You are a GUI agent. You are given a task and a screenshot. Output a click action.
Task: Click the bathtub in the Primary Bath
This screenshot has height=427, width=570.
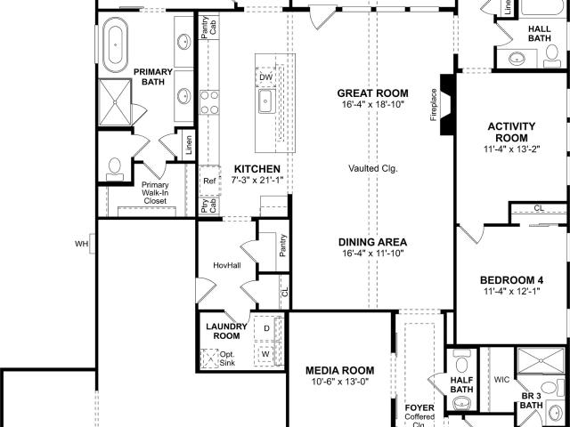(x=115, y=44)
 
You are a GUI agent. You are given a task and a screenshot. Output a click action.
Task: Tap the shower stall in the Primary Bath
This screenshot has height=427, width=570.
(x=115, y=102)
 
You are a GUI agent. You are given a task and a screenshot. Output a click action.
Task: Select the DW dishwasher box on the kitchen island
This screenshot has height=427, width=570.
(x=265, y=77)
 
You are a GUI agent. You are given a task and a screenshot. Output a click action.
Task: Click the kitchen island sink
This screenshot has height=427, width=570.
(x=265, y=101)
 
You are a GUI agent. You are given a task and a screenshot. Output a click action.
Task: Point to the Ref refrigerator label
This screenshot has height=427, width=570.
(x=209, y=181)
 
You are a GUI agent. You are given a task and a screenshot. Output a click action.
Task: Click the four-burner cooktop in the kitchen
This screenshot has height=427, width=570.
(x=209, y=102)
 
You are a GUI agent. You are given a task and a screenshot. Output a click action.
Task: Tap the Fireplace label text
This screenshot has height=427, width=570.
(x=434, y=105)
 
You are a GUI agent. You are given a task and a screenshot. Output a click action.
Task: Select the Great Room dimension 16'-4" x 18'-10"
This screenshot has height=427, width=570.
(x=373, y=105)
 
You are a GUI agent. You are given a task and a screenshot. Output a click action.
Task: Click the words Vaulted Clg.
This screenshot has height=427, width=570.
(x=373, y=168)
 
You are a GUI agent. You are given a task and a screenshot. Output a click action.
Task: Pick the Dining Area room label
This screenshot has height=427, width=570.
(x=372, y=242)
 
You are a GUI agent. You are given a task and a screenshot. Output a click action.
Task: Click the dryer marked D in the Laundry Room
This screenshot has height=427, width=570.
(x=266, y=328)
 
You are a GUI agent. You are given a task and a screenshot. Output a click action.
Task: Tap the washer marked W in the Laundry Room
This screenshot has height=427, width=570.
(x=265, y=354)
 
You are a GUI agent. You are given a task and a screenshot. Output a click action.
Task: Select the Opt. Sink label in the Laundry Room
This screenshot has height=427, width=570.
(x=227, y=359)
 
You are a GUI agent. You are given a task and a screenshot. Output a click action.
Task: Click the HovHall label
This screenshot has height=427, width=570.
(x=227, y=265)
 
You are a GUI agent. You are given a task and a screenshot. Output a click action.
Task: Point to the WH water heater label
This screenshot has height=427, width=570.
(x=81, y=244)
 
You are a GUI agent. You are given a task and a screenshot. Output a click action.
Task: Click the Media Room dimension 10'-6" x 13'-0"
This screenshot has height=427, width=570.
(x=340, y=382)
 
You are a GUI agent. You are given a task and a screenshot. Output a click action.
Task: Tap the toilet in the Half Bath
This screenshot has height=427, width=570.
(x=461, y=361)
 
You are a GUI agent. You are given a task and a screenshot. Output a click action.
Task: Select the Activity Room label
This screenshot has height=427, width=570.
(x=511, y=133)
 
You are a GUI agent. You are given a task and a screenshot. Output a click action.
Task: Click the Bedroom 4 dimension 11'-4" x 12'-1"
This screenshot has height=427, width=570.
(x=511, y=291)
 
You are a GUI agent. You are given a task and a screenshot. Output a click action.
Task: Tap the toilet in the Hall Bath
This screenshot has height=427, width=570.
(x=552, y=56)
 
